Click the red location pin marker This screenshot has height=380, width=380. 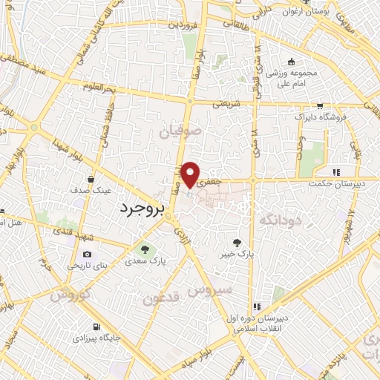tap(191, 174)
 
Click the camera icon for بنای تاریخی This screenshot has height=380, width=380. tap(88, 255)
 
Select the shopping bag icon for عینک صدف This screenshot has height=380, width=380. tap(91, 178)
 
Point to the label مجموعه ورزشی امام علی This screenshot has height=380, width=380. tap(292, 79)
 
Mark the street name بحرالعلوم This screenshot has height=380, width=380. tap(100, 90)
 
